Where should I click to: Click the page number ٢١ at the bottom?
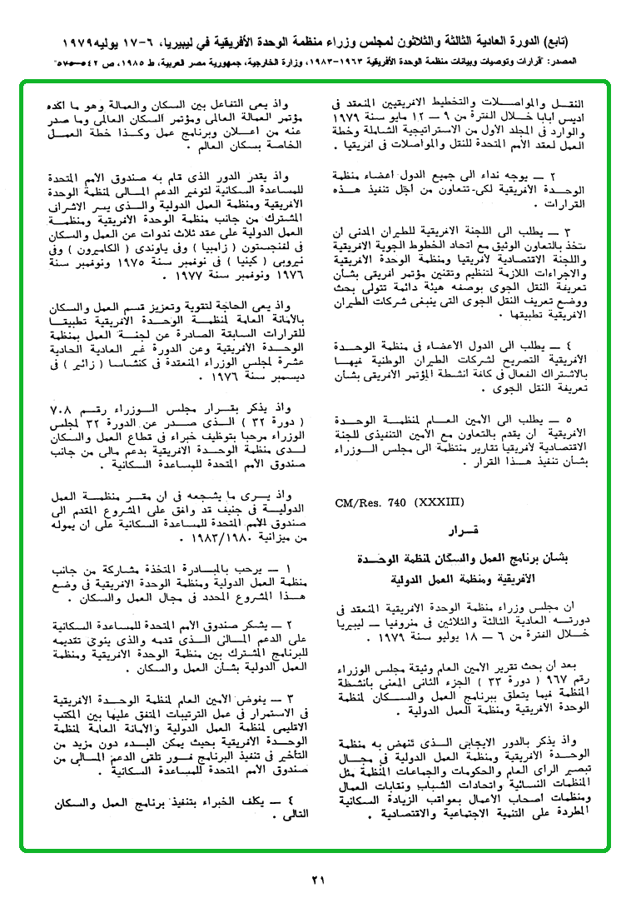(x=317, y=880)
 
